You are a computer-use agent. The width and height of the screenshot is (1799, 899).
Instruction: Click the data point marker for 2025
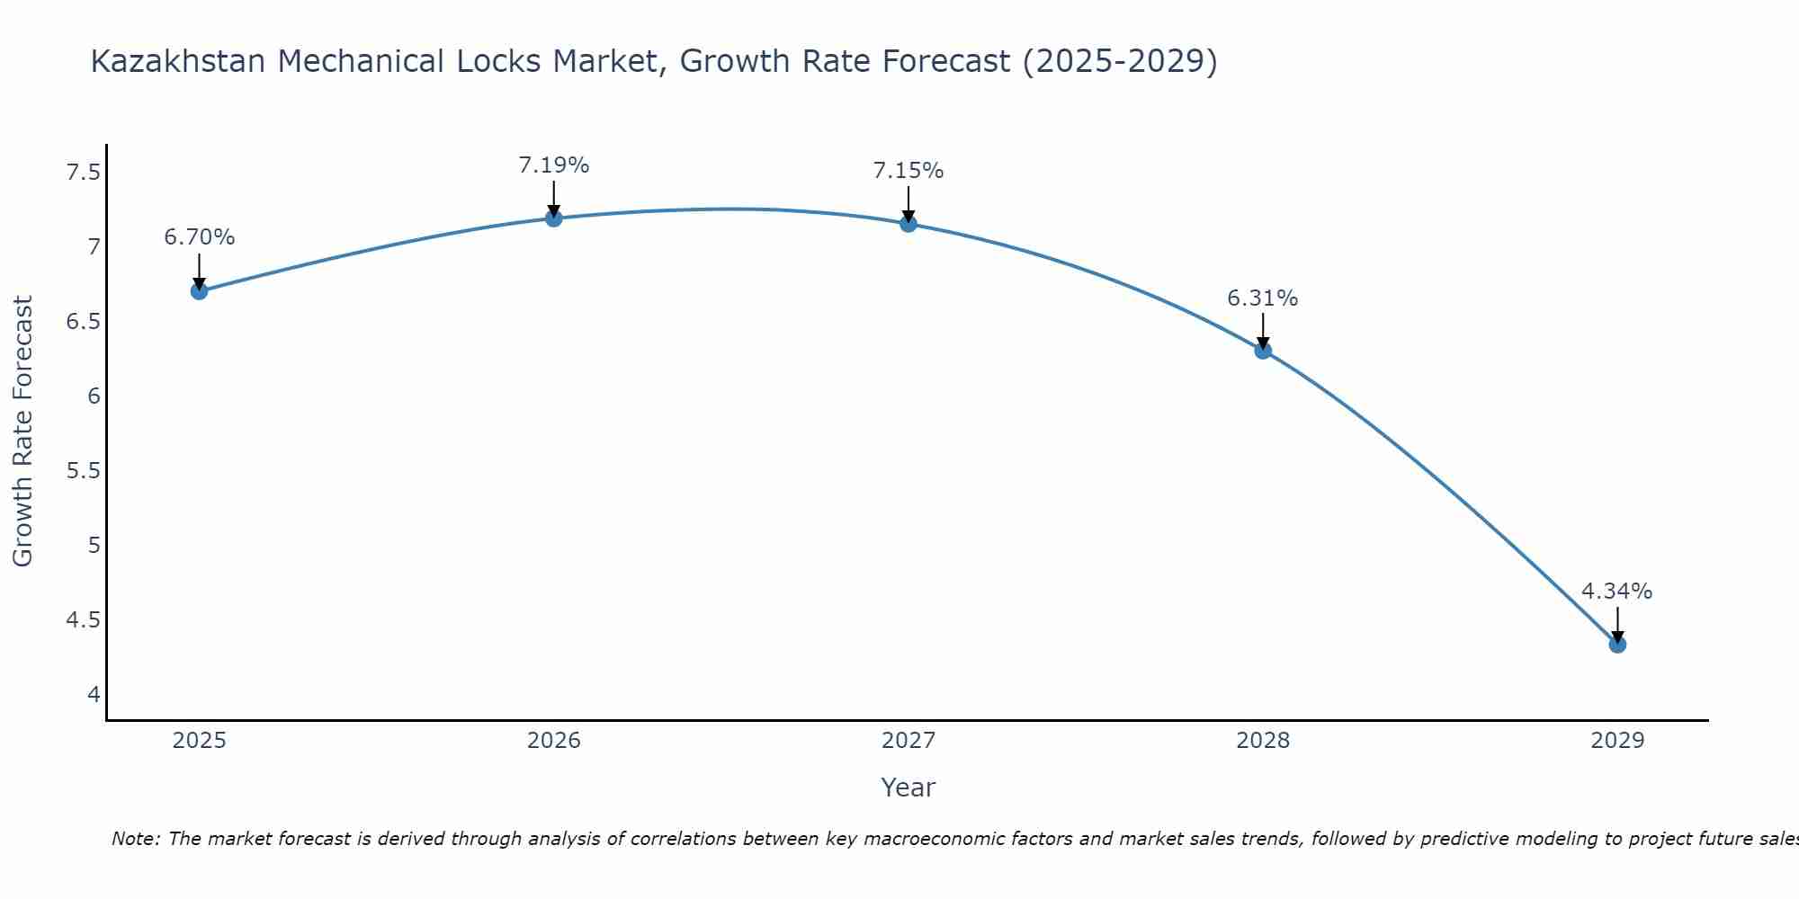200,291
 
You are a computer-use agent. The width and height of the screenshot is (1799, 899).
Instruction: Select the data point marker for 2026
554,218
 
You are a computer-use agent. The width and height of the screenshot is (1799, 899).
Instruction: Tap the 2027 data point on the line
908,224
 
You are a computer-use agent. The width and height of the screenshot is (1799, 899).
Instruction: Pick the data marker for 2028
1263,351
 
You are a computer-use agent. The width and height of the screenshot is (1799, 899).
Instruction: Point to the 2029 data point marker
1617,645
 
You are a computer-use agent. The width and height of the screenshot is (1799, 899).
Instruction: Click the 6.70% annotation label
200,237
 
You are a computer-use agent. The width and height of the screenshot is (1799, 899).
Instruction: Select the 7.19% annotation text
554,165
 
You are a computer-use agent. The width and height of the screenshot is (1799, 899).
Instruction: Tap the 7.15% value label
908,171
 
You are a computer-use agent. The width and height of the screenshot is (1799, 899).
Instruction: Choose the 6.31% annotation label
1263,298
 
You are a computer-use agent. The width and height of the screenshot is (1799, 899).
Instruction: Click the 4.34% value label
1617,592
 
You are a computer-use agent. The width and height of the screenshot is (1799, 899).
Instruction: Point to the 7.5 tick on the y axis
83,173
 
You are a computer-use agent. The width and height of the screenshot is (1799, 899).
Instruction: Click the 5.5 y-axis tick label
83,471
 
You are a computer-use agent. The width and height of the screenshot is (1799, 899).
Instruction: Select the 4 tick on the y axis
94,694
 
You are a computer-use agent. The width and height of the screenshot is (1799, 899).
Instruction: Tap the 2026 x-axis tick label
554,741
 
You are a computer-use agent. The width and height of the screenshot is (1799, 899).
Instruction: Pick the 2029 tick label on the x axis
1617,741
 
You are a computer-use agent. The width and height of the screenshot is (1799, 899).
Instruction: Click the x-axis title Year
908,788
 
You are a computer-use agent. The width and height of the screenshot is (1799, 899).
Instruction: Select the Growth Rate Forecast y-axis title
23,432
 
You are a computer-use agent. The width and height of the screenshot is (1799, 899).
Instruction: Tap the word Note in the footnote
135,839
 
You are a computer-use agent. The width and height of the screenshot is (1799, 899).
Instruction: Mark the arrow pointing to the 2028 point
1263,331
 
